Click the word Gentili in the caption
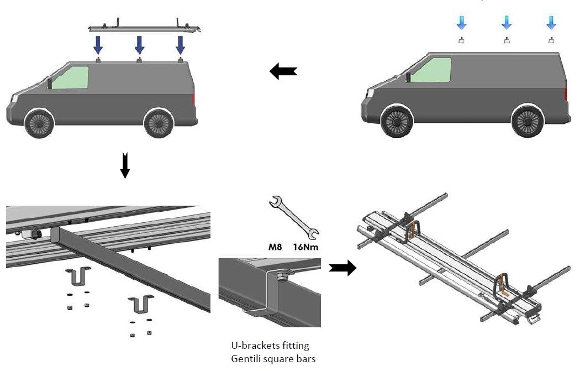[247, 359]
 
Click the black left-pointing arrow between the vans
[283, 71]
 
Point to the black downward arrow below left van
[125, 165]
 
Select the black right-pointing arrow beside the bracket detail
[342, 268]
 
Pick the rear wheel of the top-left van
[159, 122]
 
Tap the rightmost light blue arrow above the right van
[551, 22]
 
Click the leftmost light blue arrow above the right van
[462, 22]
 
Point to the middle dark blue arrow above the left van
[139, 44]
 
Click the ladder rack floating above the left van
[145, 26]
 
